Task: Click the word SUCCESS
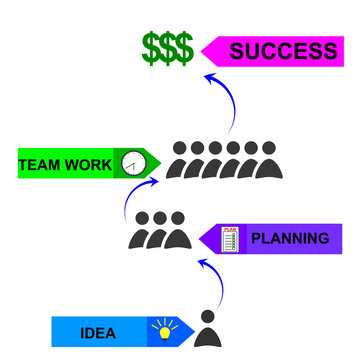(283, 51)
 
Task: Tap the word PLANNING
(288, 238)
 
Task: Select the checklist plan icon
(230, 239)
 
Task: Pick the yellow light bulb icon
(161, 329)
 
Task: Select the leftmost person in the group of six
(180, 160)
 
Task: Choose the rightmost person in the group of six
(267, 160)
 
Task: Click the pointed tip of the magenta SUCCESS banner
(203, 50)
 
